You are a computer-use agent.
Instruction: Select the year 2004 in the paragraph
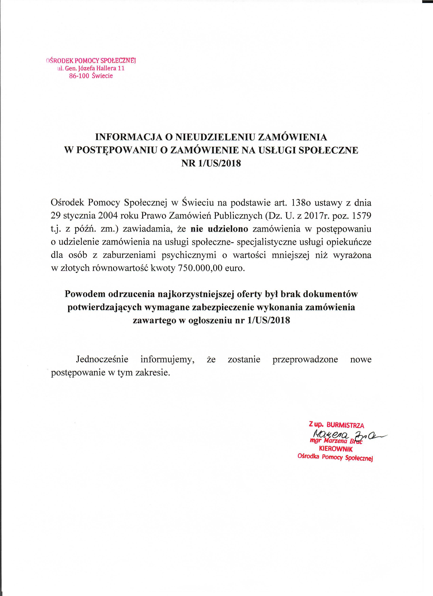point(108,216)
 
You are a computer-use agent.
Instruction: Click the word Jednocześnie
point(102,359)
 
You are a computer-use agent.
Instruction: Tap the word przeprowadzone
point(305,359)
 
